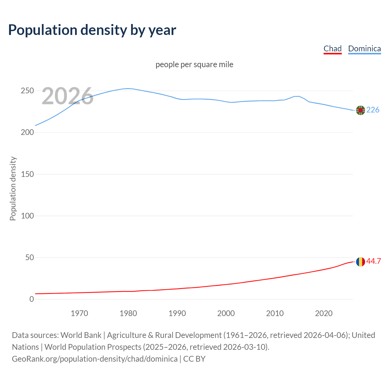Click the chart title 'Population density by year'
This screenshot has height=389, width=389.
(92, 30)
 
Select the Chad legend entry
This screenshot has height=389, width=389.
(332, 49)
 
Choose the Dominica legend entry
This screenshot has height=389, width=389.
(364, 49)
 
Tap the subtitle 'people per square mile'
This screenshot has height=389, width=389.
(194, 64)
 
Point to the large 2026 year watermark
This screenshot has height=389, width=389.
(67, 96)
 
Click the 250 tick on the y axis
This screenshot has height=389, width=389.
(27, 91)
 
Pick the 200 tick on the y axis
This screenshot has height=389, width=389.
(27, 133)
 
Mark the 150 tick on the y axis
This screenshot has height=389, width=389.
(27, 174)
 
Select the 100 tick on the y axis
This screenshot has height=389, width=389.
(27, 216)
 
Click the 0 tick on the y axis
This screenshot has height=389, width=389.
(32, 299)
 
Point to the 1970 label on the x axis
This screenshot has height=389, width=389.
(79, 313)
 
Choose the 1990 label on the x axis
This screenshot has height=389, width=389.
(177, 313)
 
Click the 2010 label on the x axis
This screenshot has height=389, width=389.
(275, 313)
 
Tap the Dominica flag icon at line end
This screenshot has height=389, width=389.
(360, 110)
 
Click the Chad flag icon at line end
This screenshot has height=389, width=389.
(360, 261)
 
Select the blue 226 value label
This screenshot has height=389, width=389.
(373, 110)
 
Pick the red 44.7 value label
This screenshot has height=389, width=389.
(374, 261)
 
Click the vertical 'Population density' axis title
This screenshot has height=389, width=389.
(13, 188)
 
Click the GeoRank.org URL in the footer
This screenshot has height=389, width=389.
(95, 359)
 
